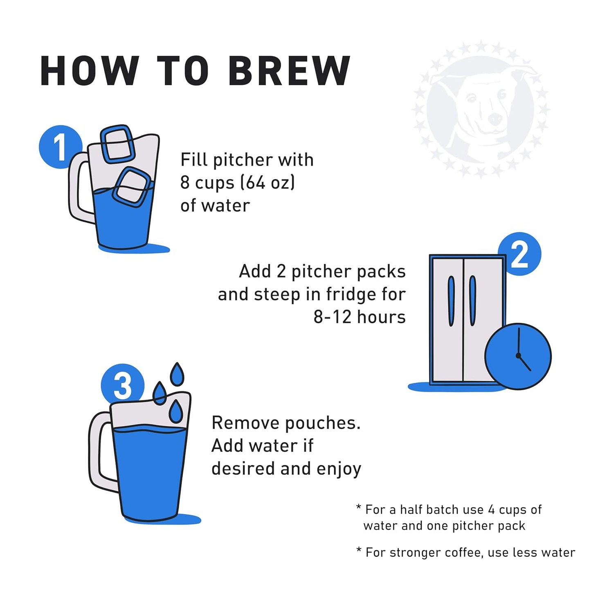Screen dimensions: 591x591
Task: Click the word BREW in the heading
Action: point(289,71)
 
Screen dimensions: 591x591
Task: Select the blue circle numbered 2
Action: point(519,254)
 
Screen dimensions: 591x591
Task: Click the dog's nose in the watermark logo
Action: point(495,119)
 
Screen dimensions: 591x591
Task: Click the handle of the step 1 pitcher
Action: point(78,192)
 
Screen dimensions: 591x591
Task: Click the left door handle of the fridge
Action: point(451,301)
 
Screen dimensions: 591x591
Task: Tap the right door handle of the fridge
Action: point(472,301)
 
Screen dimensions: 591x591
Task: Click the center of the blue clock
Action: point(518,356)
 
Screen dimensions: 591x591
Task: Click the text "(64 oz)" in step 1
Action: point(267,182)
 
